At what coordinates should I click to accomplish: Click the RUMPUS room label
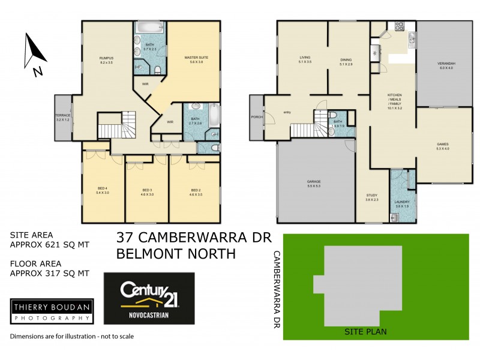pyautogui.click(x=106, y=58)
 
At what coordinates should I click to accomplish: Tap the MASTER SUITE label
pyautogui.click(x=196, y=58)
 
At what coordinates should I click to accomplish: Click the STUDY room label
pyautogui.click(x=372, y=196)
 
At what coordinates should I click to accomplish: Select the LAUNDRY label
pyautogui.click(x=401, y=202)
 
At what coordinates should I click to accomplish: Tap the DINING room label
pyautogui.click(x=346, y=59)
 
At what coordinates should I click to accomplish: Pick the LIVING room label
pyautogui.click(x=305, y=58)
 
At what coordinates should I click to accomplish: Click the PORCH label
pyautogui.click(x=257, y=118)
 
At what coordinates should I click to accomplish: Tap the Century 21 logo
pyautogui.click(x=149, y=298)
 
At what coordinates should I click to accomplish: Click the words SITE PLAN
pyautogui.click(x=365, y=331)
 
